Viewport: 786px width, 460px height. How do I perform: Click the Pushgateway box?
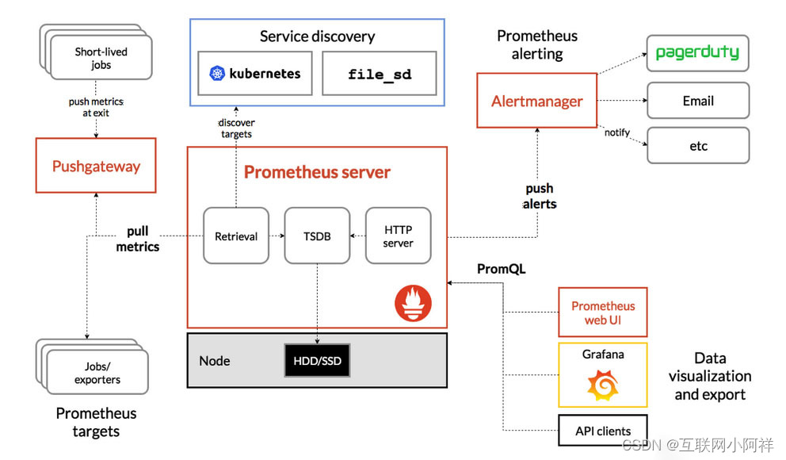(96, 167)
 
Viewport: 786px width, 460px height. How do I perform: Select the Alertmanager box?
(536, 101)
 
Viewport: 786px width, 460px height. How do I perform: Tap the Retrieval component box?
(236, 236)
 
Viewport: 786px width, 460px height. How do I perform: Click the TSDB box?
(316, 236)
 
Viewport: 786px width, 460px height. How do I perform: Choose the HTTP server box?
(398, 236)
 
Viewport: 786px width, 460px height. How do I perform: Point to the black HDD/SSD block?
(316, 361)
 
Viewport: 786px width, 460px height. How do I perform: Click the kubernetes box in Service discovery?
(255, 74)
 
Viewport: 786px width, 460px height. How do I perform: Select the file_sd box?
(380, 74)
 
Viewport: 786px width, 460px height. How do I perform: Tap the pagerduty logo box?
(697, 54)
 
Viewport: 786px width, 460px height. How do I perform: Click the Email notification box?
(697, 101)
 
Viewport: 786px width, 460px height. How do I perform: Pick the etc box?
(697, 146)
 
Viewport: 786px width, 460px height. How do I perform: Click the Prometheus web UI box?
(602, 312)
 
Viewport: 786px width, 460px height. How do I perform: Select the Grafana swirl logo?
(602, 385)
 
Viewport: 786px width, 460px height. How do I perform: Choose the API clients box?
(602, 431)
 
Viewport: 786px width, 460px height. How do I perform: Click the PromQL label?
(501, 270)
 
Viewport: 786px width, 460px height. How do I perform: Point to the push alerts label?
(540, 196)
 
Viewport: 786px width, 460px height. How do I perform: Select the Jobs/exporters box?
(97, 373)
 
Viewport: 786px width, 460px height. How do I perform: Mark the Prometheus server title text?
(317, 172)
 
